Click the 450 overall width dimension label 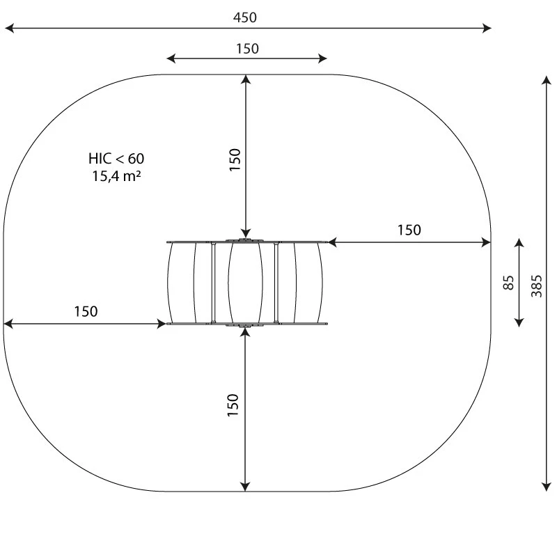pyautogui.click(x=245, y=17)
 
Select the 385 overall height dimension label pyautogui.click(x=536, y=286)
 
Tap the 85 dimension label pyautogui.click(x=509, y=283)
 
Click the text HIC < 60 pyautogui.click(x=116, y=159)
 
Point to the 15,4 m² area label pyautogui.click(x=116, y=176)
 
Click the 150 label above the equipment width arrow pyautogui.click(x=247, y=49)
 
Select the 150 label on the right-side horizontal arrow pyautogui.click(x=409, y=230)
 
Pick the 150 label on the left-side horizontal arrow pyautogui.click(x=86, y=311)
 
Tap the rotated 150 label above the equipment pyautogui.click(x=235, y=160)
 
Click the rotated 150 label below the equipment pyautogui.click(x=233, y=405)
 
